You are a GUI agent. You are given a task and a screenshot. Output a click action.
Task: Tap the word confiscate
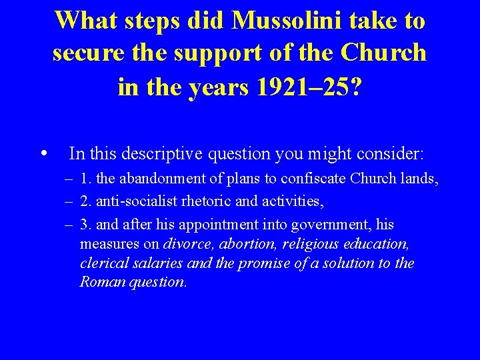313,179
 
